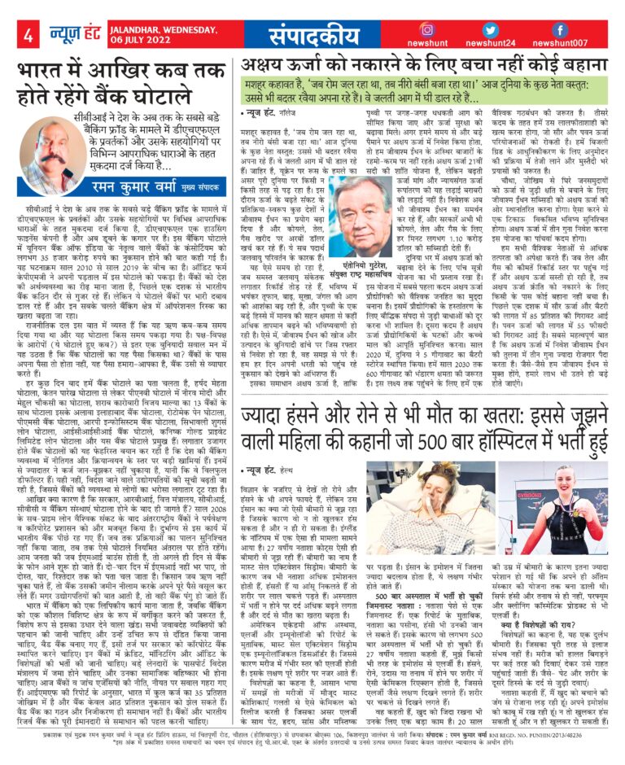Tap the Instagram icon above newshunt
[427, 29]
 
